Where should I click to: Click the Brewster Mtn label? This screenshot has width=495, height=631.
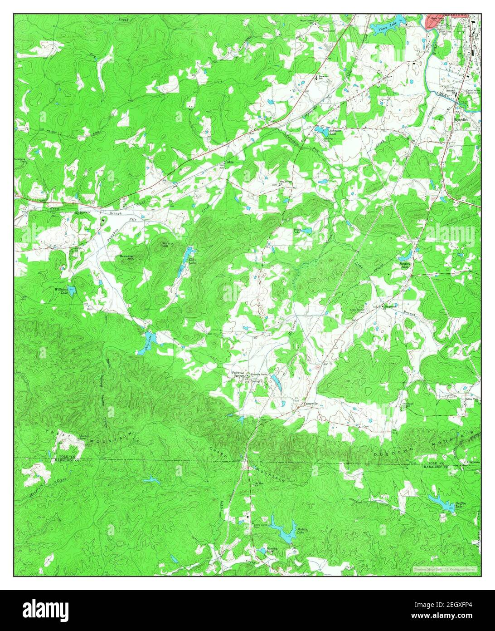point(126,257)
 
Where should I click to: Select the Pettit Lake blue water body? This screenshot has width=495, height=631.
point(307,231)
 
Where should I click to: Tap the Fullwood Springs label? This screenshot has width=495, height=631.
point(238,374)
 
